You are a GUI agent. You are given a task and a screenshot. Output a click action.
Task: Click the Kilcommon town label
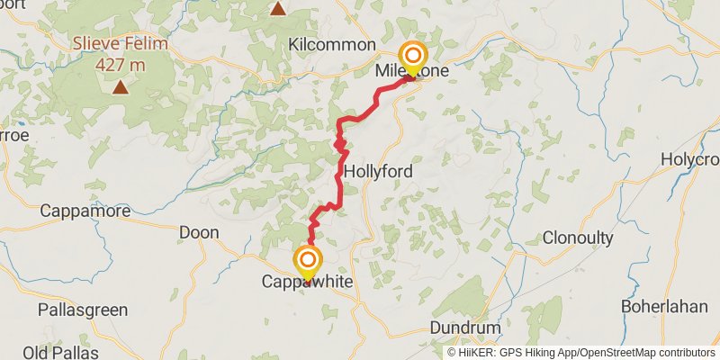point(331,44)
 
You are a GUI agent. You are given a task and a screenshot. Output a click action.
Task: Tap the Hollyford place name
point(377,170)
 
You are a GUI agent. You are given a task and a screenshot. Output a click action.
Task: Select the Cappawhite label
point(307,283)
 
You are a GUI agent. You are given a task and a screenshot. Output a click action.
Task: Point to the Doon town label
point(199,232)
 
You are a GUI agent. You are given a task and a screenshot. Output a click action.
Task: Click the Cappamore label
point(85,211)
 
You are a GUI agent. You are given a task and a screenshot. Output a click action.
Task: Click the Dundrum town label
point(464,327)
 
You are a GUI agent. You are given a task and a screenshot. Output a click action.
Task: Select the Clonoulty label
point(578,238)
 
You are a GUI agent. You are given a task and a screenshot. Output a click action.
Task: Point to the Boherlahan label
point(664,306)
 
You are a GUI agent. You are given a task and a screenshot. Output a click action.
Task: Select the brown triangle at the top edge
point(278,9)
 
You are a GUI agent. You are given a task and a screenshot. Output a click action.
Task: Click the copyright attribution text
point(580,353)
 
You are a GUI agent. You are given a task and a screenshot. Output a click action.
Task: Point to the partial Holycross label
point(690,158)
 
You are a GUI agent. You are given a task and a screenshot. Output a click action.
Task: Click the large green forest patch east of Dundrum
point(541,319)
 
